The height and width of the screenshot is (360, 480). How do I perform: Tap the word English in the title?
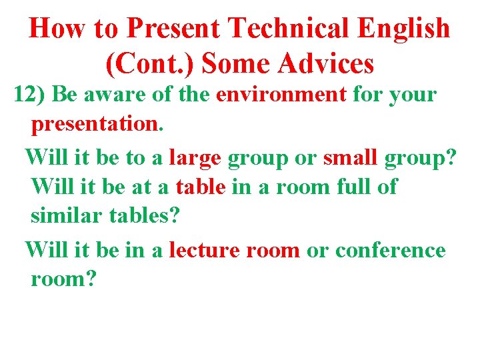tap(403, 29)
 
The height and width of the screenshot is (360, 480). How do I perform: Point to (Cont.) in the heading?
tap(149, 63)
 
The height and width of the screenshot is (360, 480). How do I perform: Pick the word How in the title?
tap(55, 29)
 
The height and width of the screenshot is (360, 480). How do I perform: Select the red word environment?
tap(281, 94)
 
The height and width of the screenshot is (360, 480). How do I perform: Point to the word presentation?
tap(95, 125)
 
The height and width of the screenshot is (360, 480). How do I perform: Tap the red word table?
tap(201, 187)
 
